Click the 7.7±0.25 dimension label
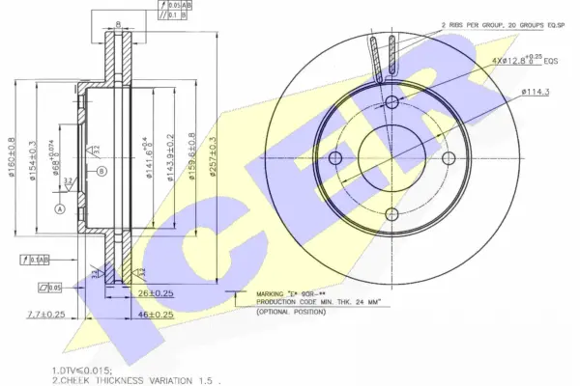pyautogui.click(x=46, y=315)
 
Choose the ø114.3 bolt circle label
pyautogui.click(x=536, y=91)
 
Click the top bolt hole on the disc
pyautogui.click(x=391, y=103)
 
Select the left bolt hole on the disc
pyautogui.click(x=335, y=159)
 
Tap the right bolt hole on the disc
pyautogui.click(x=448, y=159)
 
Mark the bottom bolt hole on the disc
pyautogui.click(x=391, y=215)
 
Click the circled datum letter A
pyautogui.click(x=59, y=208)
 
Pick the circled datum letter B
pyautogui.click(x=101, y=171)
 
